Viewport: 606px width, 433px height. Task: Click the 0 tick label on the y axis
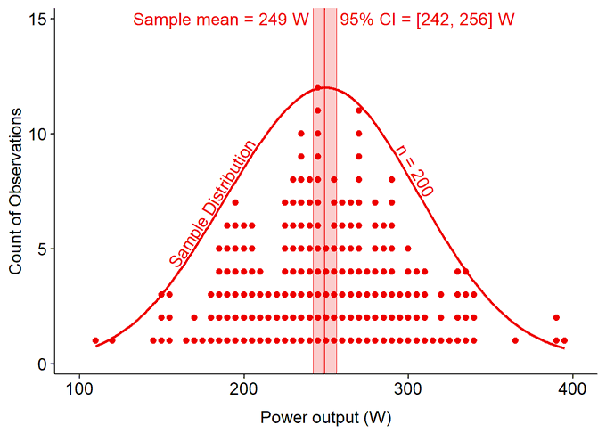pyautogui.click(x=40, y=364)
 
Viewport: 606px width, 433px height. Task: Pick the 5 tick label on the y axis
pyautogui.click(x=40, y=249)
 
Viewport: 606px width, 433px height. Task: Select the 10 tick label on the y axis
pyautogui.click(x=37, y=134)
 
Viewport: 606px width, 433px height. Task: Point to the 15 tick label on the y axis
pyautogui.click(x=37, y=19)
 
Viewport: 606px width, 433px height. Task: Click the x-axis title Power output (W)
pyautogui.click(x=325, y=416)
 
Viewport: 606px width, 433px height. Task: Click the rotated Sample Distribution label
pyautogui.click(x=212, y=204)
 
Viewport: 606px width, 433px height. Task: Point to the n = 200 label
pyautogui.click(x=414, y=170)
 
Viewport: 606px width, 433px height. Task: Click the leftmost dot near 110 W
pyautogui.click(x=95, y=340)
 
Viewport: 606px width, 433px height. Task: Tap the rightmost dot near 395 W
pyautogui.click(x=564, y=340)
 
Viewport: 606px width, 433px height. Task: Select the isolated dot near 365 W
pyautogui.click(x=515, y=340)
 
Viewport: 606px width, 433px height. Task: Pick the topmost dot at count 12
pyautogui.click(x=317, y=87)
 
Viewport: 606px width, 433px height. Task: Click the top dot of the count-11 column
pyautogui.click(x=359, y=110)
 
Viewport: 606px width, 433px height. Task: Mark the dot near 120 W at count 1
pyautogui.click(x=111, y=340)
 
